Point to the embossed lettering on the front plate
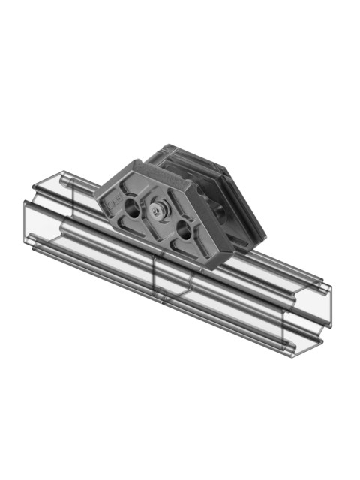tap(113, 202)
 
